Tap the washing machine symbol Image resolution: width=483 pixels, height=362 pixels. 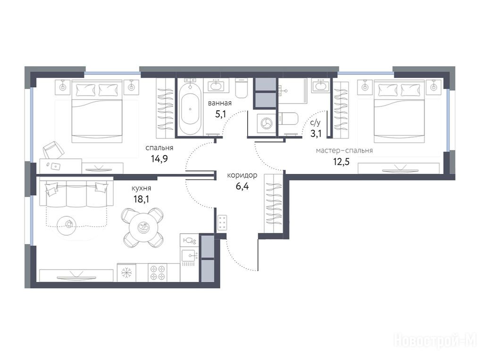[265, 123]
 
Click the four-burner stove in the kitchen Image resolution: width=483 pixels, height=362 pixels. [158, 272]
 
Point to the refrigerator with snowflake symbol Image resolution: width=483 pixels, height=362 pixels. [126, 272]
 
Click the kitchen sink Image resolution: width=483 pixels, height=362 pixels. [189, 255]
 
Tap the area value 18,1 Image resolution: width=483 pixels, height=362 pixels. [142, 199]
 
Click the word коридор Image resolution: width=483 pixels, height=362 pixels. [242, 175]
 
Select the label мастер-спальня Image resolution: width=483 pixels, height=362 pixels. [344, 150]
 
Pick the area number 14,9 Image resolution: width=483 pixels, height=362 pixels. [159, 159]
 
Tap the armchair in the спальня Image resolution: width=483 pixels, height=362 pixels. [53, 150]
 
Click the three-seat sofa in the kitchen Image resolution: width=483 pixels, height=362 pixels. [76, 194]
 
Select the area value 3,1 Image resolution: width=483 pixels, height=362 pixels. [316, 133]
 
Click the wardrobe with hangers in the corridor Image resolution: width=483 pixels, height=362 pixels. [273, 204]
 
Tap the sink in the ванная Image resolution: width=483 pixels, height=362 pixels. [218, 84]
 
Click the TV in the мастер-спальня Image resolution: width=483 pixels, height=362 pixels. [399, 169]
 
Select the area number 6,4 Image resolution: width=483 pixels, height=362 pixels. [242, 186]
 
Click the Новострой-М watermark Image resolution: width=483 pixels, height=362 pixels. [435, 342]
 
